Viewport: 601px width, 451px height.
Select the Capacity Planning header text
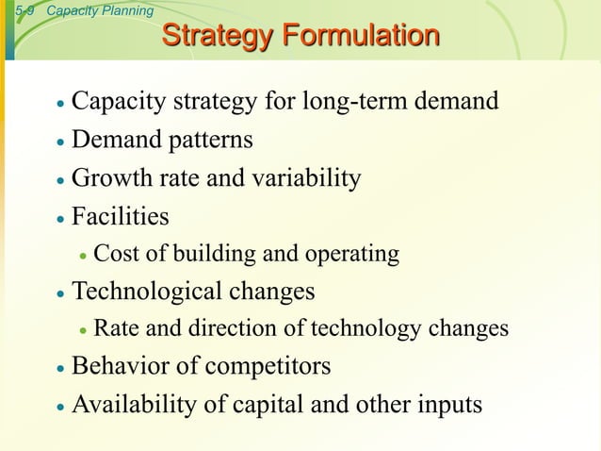99,11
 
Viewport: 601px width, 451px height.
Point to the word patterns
210,141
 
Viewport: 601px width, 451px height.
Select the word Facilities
121,217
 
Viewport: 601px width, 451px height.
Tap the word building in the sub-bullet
211,255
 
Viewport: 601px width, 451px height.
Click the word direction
240,329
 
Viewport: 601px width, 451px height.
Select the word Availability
129,405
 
